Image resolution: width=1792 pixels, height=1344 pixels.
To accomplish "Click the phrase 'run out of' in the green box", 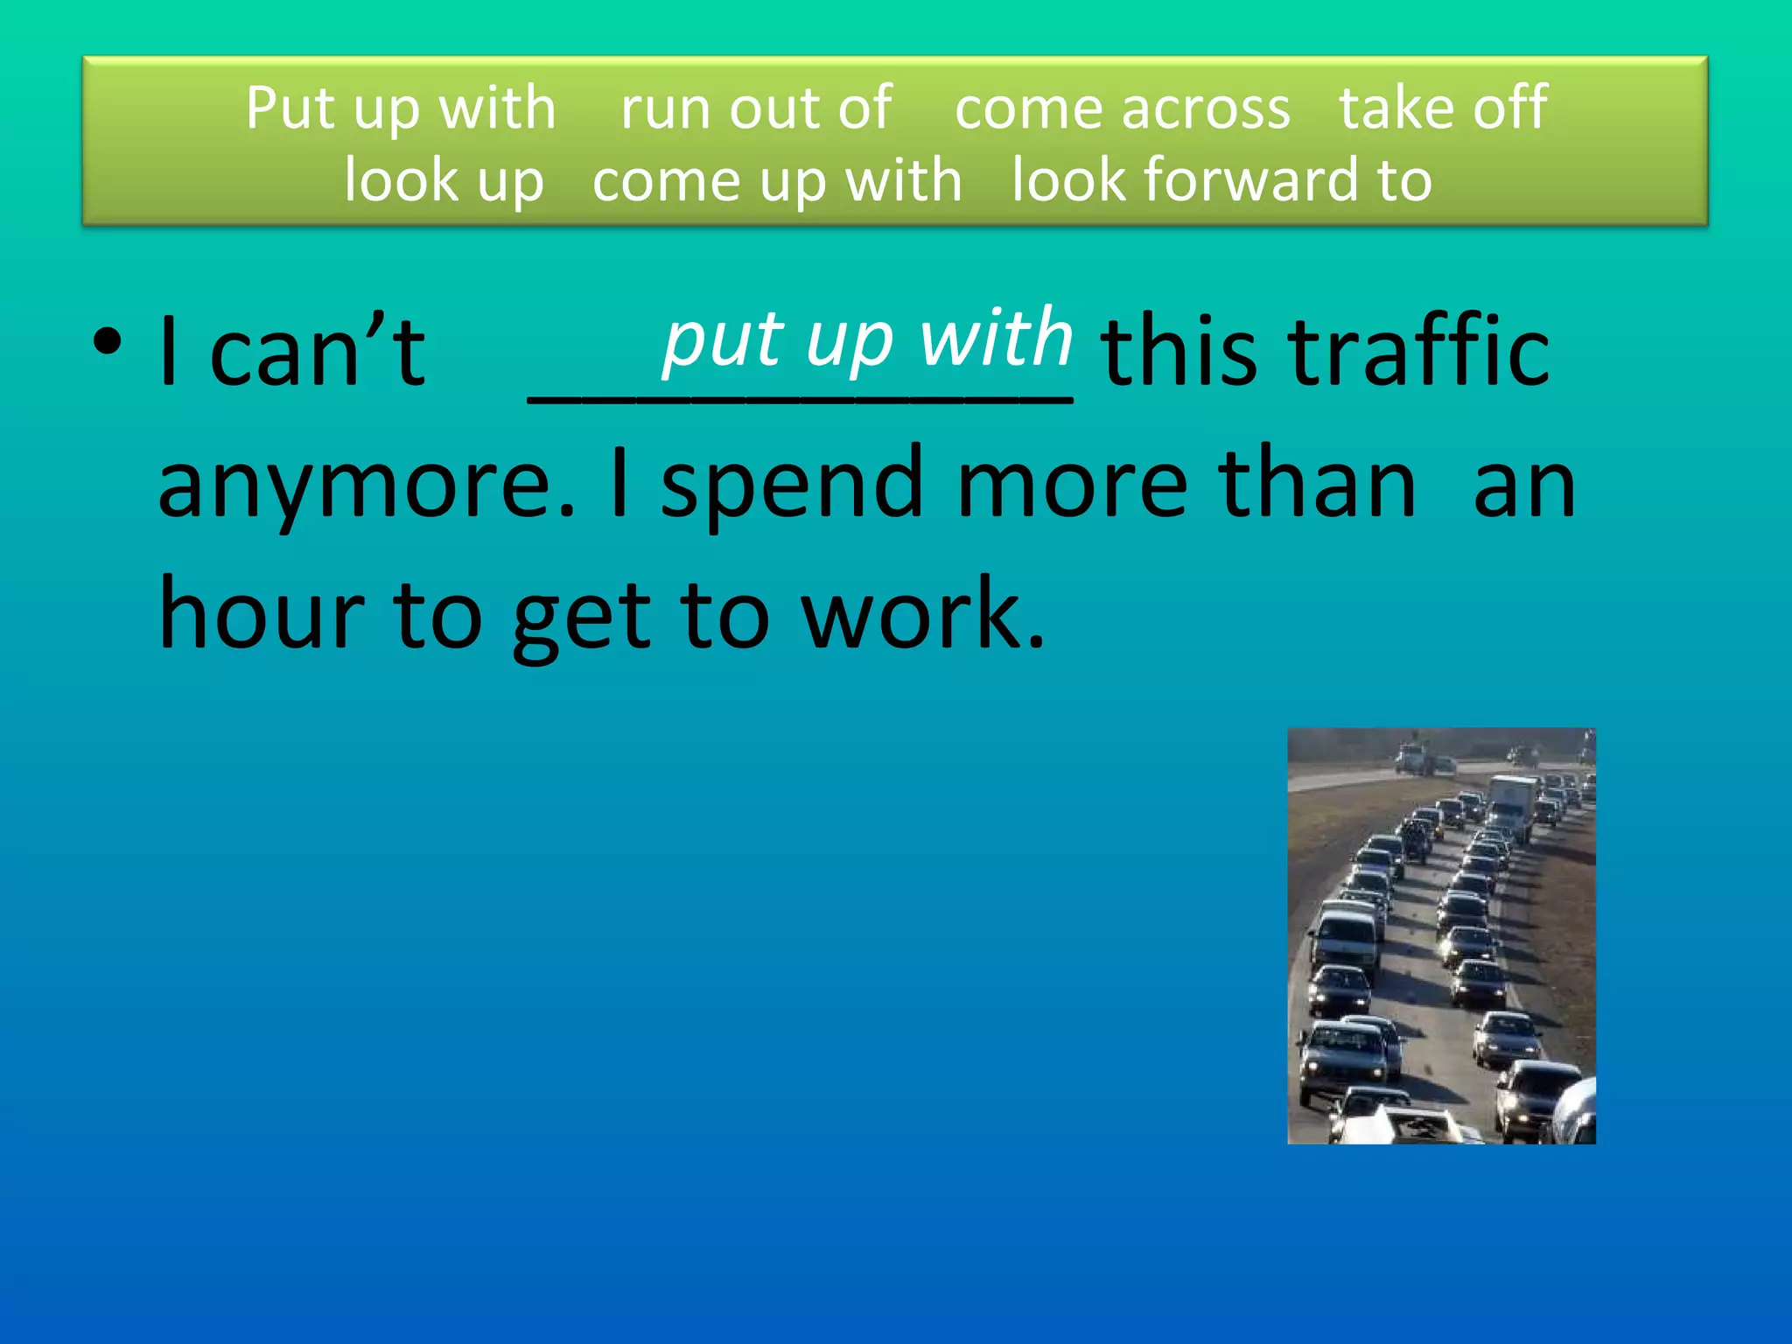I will (756, 108).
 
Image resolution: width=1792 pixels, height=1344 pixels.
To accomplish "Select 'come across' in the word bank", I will (1122, 108).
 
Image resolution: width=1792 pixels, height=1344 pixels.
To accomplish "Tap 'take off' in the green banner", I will (1443, 108).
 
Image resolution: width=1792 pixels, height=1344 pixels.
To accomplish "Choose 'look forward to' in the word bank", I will (1221, 180).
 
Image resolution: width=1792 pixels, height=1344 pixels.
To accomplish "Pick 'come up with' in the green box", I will (777, 180).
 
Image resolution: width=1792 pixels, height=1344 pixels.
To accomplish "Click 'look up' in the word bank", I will (444, 180).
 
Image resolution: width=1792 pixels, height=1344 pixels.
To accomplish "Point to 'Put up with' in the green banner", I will (401, 108).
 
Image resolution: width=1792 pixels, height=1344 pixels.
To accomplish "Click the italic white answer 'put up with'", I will (867, 339).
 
